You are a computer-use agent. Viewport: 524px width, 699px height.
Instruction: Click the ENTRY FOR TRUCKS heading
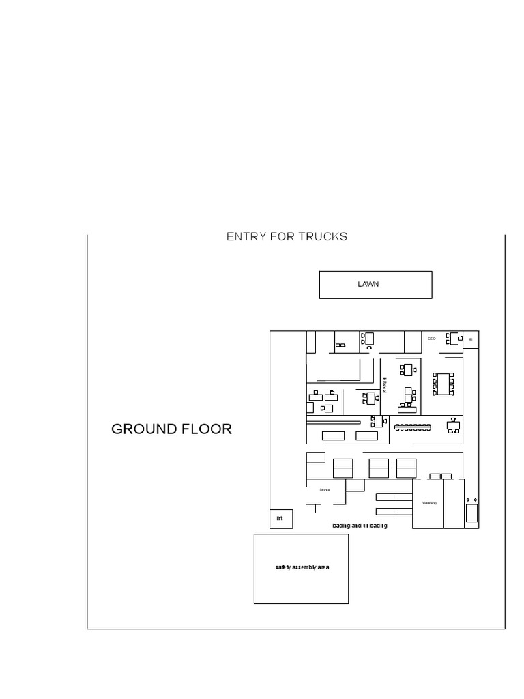(287, 237)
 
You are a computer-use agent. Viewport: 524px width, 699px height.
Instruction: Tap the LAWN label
(368, 284)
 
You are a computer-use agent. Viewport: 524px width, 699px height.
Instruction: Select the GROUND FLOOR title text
(171, 429)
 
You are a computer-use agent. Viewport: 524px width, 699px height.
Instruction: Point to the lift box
(280, 519)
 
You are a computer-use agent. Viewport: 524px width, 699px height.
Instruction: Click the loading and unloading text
(360, 526)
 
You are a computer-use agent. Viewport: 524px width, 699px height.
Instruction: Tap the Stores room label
(325, 489)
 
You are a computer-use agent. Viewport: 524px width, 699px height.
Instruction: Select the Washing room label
(429, 503)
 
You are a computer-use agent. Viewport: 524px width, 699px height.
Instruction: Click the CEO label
(431, 339)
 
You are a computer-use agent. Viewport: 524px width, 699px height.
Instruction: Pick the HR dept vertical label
(384, 386)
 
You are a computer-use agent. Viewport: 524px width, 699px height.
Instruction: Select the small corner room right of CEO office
(470, 339)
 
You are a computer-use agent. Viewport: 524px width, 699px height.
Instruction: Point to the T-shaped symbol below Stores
(315, 508)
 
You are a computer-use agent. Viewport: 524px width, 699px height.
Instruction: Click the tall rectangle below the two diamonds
(471, 513)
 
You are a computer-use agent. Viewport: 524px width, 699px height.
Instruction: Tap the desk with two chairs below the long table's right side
(453, 425)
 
